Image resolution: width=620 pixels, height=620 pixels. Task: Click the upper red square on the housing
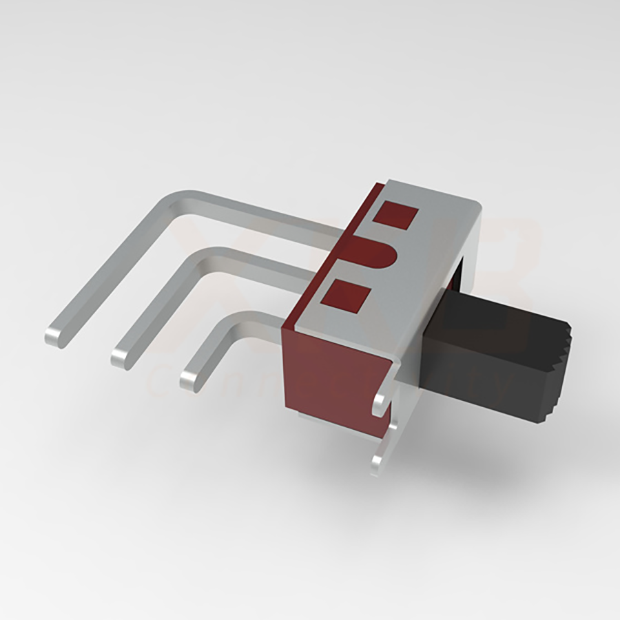click(x=395, y=216)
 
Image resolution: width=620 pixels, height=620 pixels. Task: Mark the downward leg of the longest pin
click(x=110, y=272)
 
